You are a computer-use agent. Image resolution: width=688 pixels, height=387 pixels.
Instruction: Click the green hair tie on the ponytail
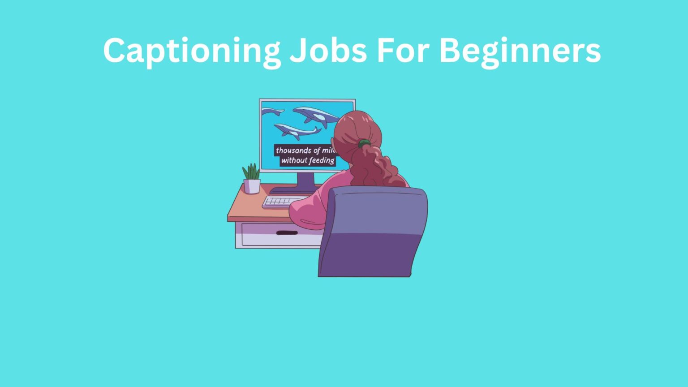[x=364, y=143]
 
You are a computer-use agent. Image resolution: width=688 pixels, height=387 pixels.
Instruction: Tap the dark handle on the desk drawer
[x=287, y=233]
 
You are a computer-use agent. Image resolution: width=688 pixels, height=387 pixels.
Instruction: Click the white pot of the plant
[x=252, y=186]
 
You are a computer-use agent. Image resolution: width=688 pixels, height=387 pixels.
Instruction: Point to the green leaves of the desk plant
[x=251, y=172]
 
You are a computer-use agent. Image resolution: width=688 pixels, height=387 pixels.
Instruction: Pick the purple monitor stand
[x=306, y=181]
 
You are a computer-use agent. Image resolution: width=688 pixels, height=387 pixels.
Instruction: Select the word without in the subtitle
[x=294, y=160]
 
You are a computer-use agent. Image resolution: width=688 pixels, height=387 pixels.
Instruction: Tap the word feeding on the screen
[x=322, y=160]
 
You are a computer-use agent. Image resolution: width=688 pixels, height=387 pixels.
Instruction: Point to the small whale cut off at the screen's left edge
[x=271, y=111]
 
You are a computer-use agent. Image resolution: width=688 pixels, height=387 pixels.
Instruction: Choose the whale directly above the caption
[x=296, y=131]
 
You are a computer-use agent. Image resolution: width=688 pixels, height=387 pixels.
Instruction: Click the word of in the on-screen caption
[x=317, y=150]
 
